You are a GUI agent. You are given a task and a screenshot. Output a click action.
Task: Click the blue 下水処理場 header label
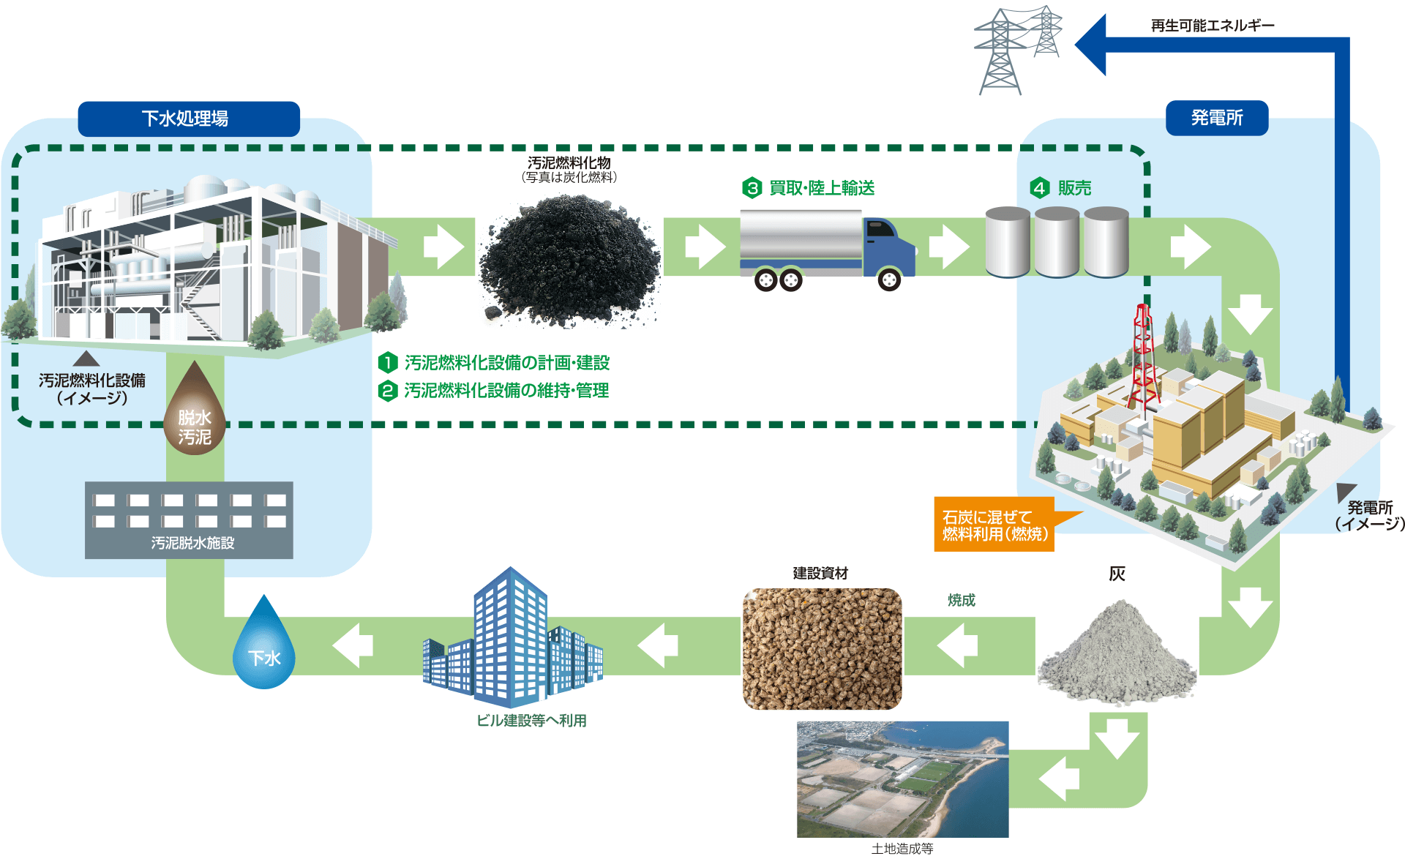pyautogui.click(x=189, y=119)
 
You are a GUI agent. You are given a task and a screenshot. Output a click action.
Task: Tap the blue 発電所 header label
pyautogui.click(x=1216, y=118)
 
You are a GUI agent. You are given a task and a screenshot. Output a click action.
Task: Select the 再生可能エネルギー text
pyautogui.click(x=1212, y=26)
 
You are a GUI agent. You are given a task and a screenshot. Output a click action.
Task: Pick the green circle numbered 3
pyautogui.click(x=752, y=188)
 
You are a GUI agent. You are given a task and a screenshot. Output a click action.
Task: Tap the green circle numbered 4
pyautogui.click(x=1040, y=188)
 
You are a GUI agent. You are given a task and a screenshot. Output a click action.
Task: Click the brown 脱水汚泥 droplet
pyautogui.click(x=195, y=413)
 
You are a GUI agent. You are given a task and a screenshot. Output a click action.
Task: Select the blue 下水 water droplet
pyautogui.click(x=263, y=648)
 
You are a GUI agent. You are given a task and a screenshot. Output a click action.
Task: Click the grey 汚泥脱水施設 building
pyautogui.click(x=189, y=519)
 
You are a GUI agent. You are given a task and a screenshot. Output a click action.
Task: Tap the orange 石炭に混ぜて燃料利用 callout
pyautogui.click(x=994, y=525)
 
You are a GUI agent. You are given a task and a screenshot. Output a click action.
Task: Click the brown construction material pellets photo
pyautogui.click(x=822, y=649)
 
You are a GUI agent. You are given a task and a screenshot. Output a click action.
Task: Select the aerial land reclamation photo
pyautogui.click(x=902, y=779)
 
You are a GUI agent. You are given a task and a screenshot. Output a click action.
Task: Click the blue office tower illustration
pyautogui.click(x=511, y=637)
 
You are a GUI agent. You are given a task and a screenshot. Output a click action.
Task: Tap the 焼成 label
pyautogui.click(x=961, y=600)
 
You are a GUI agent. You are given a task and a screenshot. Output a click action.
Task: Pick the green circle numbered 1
pyautogui.click(x=388, y=362)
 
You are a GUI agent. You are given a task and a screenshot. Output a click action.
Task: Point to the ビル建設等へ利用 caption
pyautogui.click(x=531, y=721)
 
